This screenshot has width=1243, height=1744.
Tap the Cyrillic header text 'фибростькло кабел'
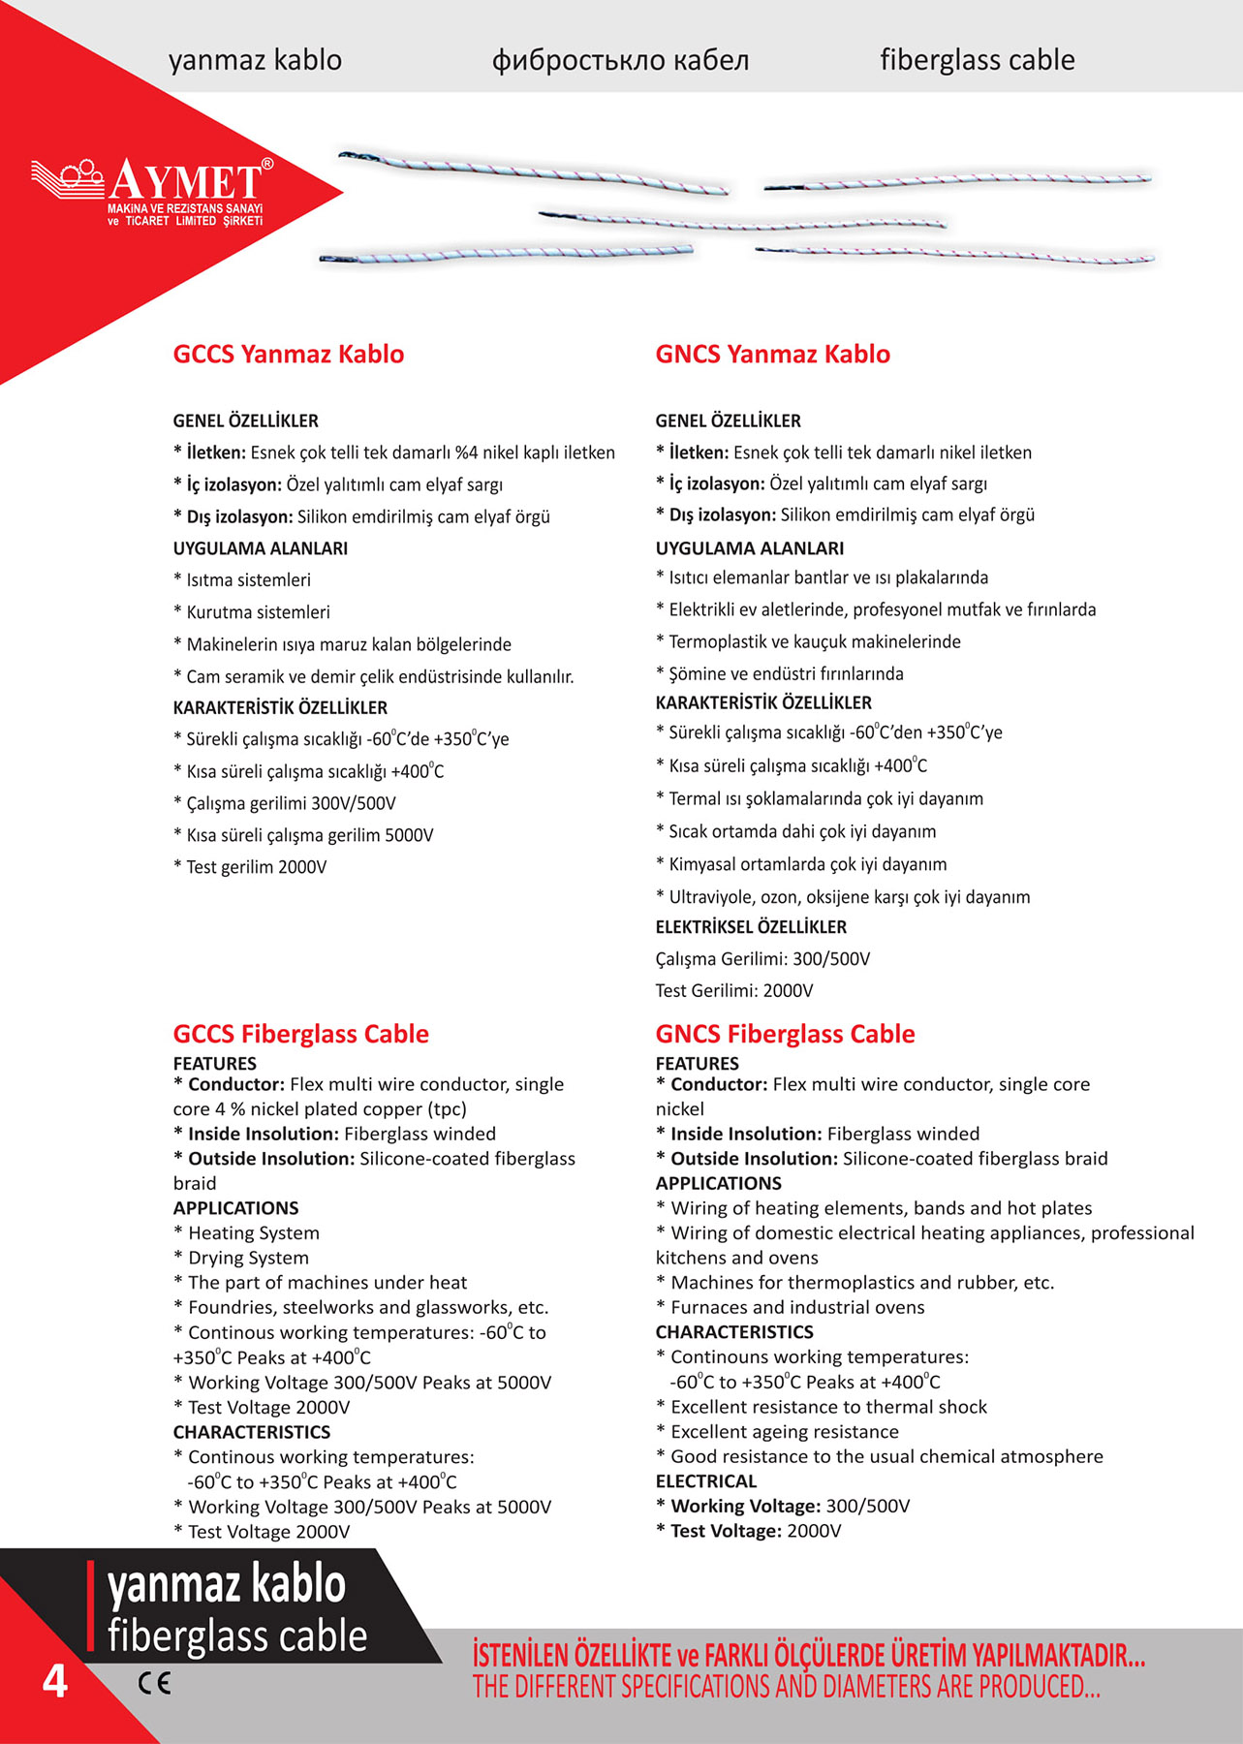click(620, 60)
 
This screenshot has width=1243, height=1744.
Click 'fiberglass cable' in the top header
click(977, 60)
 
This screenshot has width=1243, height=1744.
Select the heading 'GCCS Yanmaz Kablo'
click(288, 354)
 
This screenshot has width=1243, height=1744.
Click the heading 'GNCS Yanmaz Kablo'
click(772, 354)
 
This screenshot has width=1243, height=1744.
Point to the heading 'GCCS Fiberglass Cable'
click(300, 1034)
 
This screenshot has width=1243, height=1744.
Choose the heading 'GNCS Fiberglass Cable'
click(785, 1034)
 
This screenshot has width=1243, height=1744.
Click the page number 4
click(54, 1681)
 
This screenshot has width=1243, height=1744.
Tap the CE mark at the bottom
click(154, 1683)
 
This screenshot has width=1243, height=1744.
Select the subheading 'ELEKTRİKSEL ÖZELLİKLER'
click(751, 927)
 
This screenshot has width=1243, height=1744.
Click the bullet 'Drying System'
click(248, 1258)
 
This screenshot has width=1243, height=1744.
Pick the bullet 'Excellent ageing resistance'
click(784, 1432)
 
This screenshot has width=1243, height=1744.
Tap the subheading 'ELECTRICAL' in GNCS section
click(706, 1481)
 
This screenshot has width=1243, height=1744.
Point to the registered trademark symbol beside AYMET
click(267, 164)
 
